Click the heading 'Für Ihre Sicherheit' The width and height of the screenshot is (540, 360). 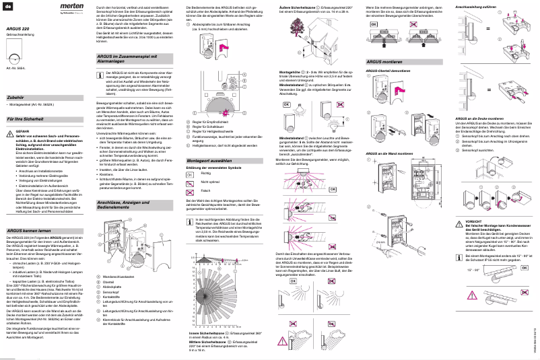(x=24, y=118)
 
